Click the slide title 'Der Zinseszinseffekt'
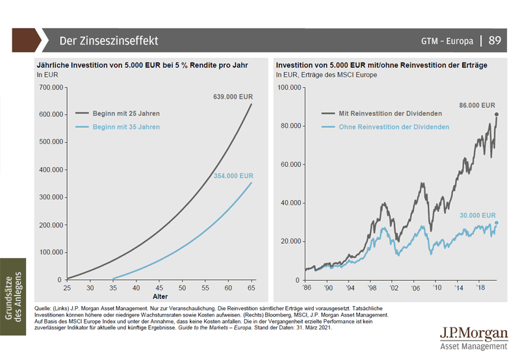109,41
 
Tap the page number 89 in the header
495,41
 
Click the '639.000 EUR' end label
233,97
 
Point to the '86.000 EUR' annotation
476,105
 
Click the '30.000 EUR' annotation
476,215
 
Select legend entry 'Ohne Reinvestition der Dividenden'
394,127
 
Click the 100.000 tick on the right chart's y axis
288,86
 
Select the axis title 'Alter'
159,295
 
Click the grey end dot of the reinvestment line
497,115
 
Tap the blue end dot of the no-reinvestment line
497,223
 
